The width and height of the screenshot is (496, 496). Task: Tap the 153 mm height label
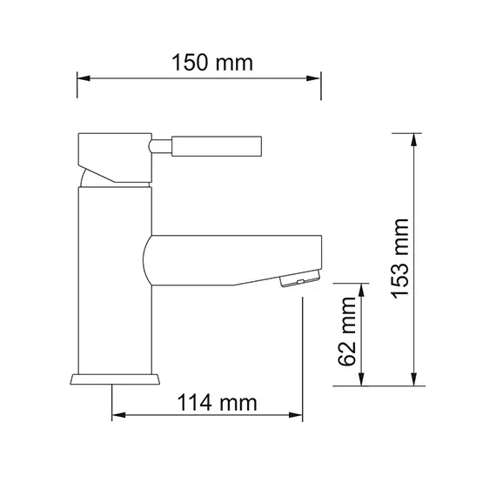(x=399, y=258)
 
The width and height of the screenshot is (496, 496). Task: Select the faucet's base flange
(x=115, y=379)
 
